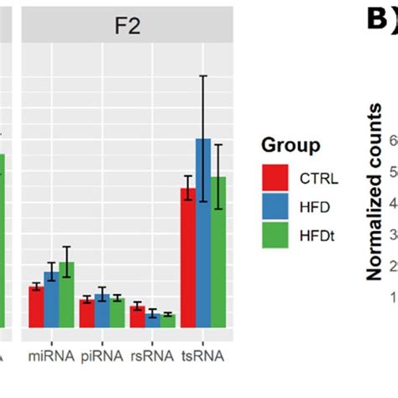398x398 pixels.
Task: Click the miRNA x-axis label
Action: pyautogui.click(x=51, y=356)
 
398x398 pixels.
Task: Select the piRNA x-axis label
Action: pyautogui.click(x=102, y=356)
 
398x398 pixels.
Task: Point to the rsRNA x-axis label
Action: pyautogui.click(x=152, y=356)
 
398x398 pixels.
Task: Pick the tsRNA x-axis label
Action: pyautogui.click(x=203, y=356)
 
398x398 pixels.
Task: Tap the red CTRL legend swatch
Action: pyautogui.click(x=275, y=178)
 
